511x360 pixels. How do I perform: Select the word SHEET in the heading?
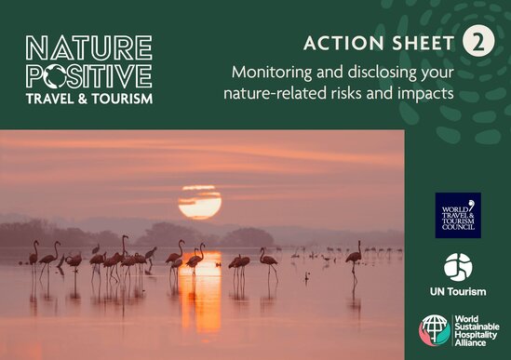tap(424, 43)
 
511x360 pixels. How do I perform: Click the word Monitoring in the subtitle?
tap(272, 73)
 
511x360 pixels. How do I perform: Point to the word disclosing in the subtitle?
tap(379, 73)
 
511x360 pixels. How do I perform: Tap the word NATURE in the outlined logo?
tap(88, 47)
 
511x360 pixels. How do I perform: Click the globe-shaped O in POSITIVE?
tap(58, 76)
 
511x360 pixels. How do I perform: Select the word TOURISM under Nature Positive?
tap(122, 99)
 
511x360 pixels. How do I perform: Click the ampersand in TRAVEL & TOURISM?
tap(83, 99)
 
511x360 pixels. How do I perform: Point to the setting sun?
tap(200, 202)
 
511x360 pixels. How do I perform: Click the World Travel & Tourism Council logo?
tap(458, 215)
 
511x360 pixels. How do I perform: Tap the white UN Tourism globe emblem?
tap(458, 268)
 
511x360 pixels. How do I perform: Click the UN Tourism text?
tap(458, 291)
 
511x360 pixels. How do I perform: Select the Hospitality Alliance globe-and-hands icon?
tap(435, 330)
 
